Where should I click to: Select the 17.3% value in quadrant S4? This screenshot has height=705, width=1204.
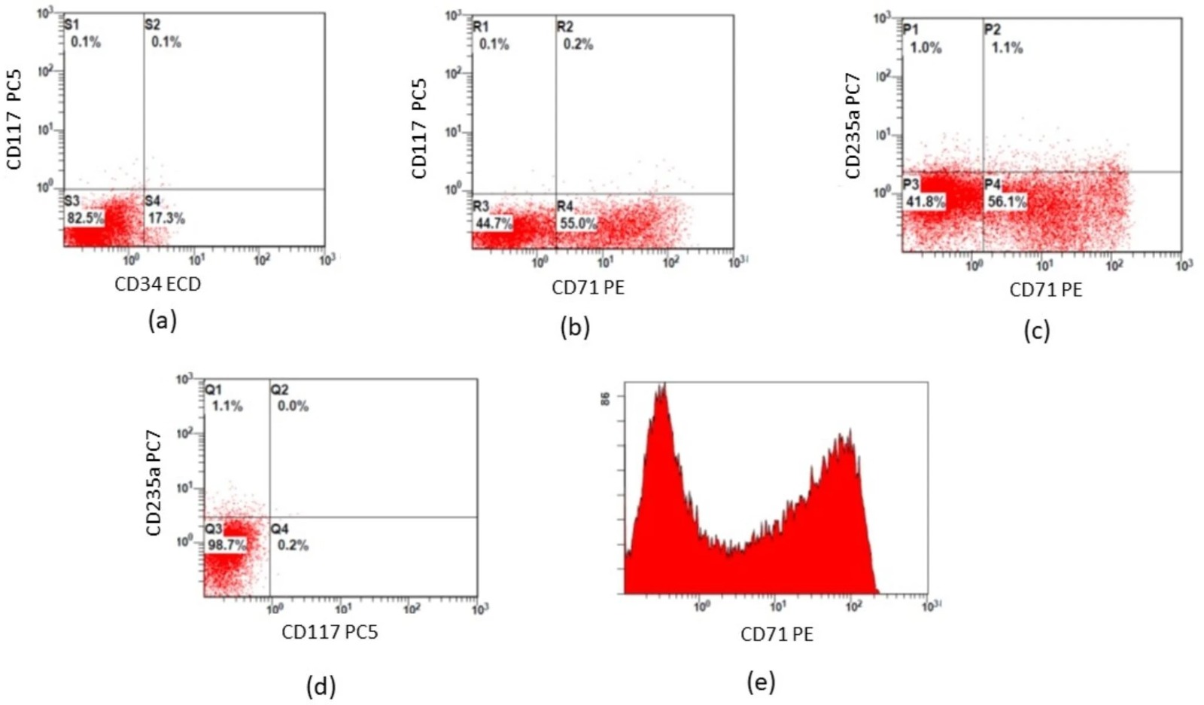tap(166, 218)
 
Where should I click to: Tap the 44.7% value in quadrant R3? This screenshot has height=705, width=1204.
tap(494, 223)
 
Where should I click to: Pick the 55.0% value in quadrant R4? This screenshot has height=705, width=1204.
tap(578, 223)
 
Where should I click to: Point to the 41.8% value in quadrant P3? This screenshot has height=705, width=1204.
tap(926, 202)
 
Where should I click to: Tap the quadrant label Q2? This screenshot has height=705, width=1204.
tap(279, 390)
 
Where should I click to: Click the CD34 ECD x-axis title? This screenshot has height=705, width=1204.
tap(157, 285)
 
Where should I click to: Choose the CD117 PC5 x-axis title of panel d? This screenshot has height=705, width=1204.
tap(330, 632)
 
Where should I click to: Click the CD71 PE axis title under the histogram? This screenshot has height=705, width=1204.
tap(777, 635)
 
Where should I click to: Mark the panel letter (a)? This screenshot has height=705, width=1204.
tap(163, 322)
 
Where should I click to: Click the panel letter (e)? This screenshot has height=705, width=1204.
tap(761, 682)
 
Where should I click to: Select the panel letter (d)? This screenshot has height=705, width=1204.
tap(321, 686)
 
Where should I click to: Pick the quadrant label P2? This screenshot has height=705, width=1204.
tap(993, 29)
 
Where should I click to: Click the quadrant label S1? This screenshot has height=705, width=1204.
tap(72, 25)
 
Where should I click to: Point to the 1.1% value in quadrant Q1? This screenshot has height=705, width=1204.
tap(227, 406)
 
